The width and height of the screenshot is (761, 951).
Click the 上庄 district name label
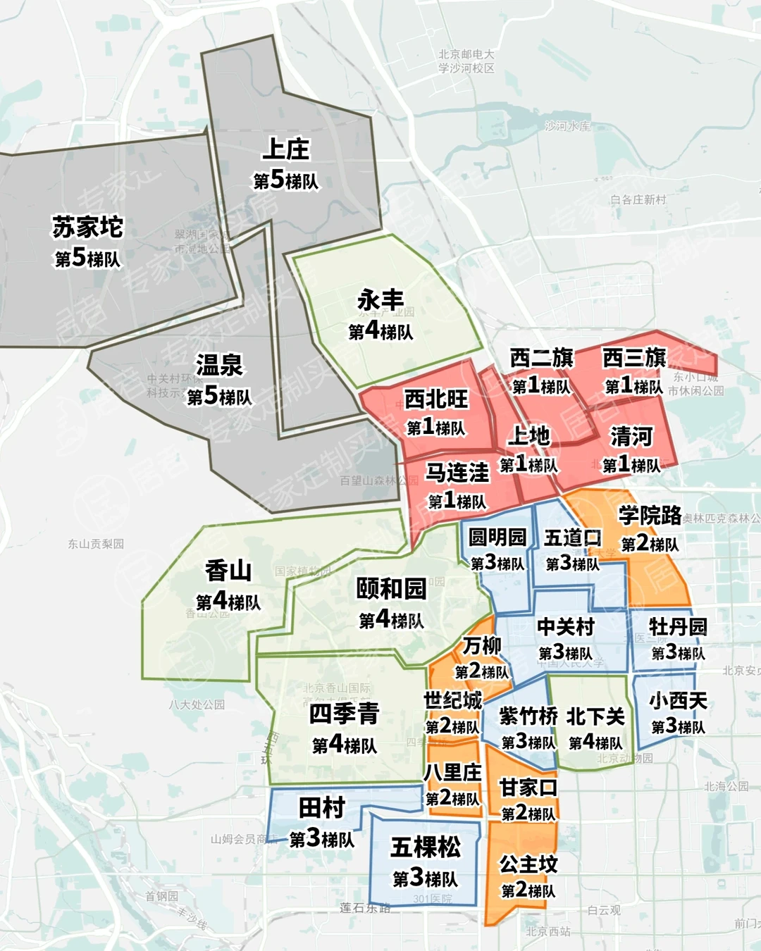coord(286,149)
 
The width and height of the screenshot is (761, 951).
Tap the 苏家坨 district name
coord(88,228)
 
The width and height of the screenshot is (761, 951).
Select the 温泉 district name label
coord(219,365)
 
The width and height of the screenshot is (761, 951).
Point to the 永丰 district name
coord(380,300)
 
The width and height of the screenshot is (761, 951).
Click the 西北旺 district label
coord(436,399)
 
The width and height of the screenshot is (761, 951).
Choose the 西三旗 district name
coord(634,358)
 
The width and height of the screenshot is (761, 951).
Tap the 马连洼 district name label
coord(457,473)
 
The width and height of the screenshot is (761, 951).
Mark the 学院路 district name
coord(650,516)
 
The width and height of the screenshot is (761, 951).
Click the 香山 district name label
coord(228,571)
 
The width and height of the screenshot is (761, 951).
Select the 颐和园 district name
coord(391,589)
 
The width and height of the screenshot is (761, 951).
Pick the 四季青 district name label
coord(345,714)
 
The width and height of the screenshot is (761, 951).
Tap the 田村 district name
coord(322,808)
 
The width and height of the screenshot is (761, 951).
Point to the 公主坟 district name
coord(528,864)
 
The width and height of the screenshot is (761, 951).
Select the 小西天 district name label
coord(678,701)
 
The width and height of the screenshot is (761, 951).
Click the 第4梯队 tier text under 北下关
coord(595,742)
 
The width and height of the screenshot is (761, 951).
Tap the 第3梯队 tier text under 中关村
coord(566,653)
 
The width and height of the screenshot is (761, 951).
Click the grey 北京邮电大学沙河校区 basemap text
coord(466,61)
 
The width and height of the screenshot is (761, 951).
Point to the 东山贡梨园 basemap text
coord(96,544)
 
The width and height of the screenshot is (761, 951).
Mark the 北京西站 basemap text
coord(548,932)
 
